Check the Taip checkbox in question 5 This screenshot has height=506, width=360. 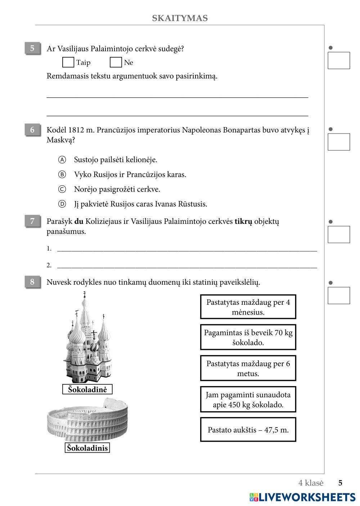tap(68, 62)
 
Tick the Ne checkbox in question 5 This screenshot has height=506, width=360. tap(116, 62)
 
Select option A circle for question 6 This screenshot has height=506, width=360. tap(62, 159)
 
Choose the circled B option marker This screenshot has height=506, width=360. tap(62, 175)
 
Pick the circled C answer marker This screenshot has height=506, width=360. tap(62, 189)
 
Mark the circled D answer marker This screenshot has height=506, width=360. tap(62, 204)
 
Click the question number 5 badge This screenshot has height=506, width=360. tap(32, 48)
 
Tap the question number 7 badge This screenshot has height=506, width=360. tap(32, 221)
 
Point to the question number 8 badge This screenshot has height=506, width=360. tap(32, 282)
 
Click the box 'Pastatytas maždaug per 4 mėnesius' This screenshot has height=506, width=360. tap(248, 307)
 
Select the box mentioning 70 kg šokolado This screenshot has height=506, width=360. tap(248, 337)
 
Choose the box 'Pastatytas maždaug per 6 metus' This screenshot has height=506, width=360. tap(248, 368)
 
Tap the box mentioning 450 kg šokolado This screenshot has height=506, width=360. tap(248, 399)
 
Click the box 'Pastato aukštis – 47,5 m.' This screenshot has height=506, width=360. tap(248, 430)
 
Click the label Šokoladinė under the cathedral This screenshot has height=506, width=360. tap(87, 389)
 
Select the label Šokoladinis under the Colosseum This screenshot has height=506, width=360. tap(87, 448)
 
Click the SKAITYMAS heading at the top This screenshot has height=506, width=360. tap(180, 18)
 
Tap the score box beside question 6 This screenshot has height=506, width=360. tap(339, 142)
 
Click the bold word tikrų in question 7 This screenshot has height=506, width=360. tap(243, 221)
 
